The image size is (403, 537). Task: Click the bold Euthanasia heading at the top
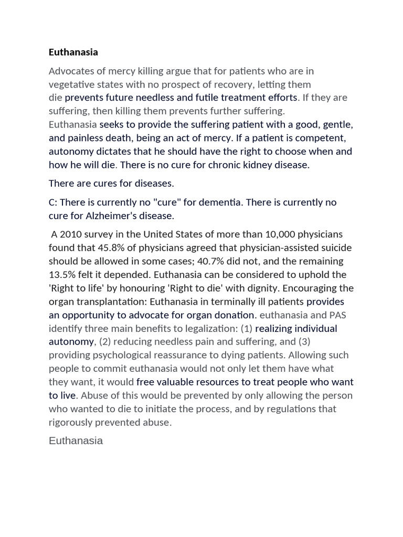73,52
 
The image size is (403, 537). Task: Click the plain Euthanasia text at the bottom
76,441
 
